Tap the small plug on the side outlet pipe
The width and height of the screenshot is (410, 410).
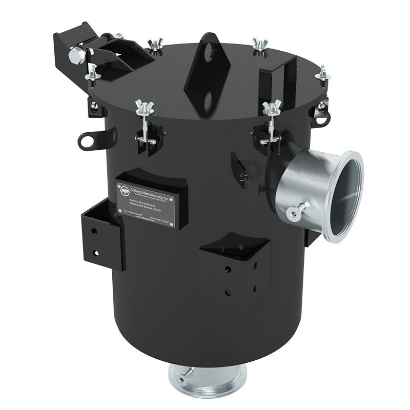(294, 214)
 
